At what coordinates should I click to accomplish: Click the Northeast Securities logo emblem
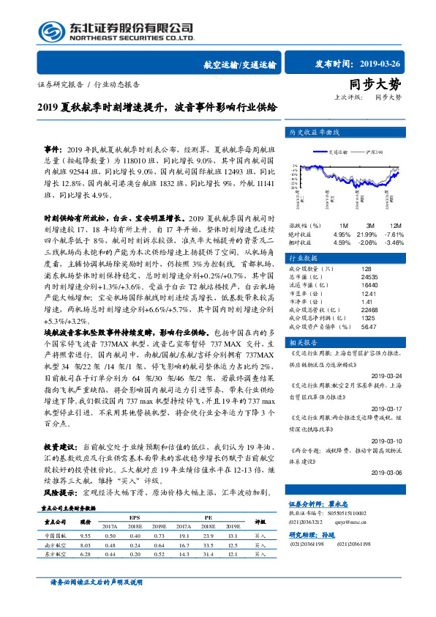click(x=50, y=31)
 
